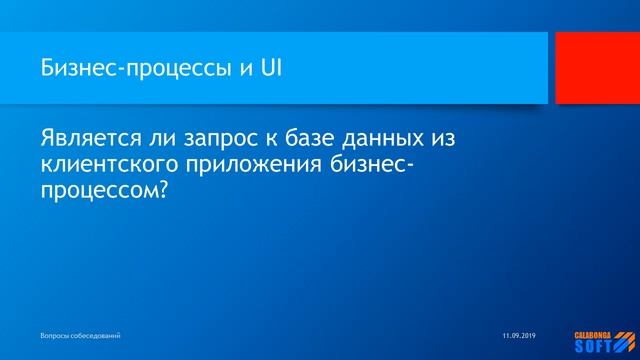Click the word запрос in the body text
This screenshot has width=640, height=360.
coord(234,137)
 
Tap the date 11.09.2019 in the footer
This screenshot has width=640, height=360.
coord(519,332)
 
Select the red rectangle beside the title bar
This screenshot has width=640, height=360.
coord(598,67)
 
